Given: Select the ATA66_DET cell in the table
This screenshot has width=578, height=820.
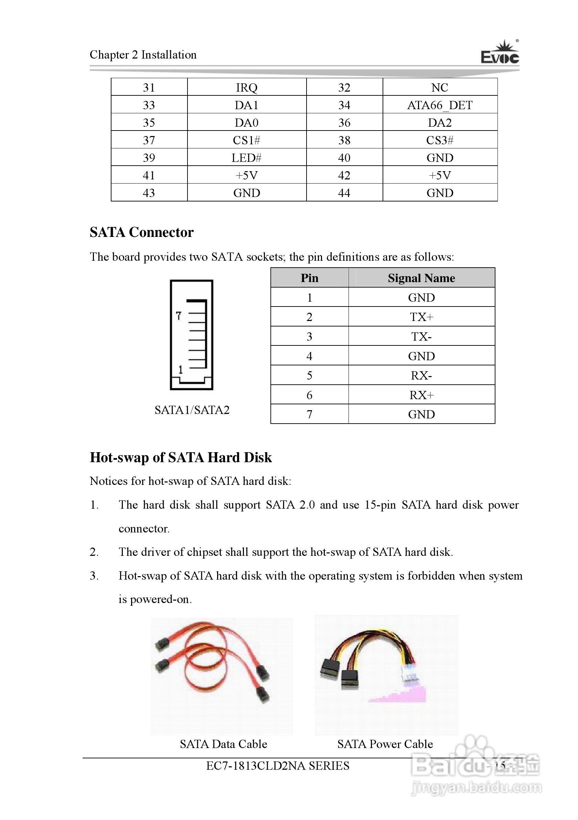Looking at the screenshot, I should pos(440,105).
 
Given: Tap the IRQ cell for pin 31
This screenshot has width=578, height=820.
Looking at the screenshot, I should pos(247,87).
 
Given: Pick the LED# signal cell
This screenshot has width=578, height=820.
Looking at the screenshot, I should pos(247,157).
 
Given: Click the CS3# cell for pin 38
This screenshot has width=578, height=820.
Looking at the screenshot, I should pos(440,140).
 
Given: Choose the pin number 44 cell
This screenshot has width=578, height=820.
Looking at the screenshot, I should pos(344,193).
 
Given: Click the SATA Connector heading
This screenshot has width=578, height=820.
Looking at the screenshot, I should pos(142,232).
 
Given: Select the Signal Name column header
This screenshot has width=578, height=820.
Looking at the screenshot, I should pos(421,278).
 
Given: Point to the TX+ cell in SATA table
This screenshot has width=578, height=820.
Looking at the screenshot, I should pos(421,317).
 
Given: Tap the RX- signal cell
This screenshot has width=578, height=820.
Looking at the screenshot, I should pos(421,375).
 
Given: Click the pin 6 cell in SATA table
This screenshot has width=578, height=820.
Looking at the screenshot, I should pos(309,395).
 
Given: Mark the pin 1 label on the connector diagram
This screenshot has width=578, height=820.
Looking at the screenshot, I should pos(181,369).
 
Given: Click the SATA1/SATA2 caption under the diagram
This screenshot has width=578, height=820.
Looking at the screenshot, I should pos(192,409).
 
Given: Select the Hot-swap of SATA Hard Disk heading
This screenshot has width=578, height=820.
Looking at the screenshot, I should pos(181,457).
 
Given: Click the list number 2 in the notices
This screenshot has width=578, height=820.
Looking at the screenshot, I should pos(94,552).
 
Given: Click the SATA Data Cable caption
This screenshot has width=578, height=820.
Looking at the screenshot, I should pos(223,744).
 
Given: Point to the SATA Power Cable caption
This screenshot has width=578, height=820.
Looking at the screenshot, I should pos(385,744).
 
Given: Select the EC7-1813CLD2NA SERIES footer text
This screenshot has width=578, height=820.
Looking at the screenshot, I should pos(278,766).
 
